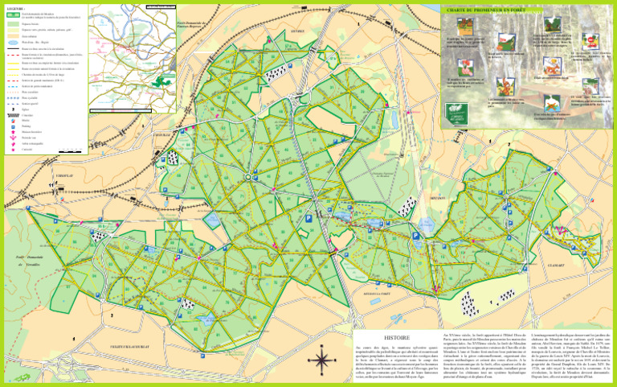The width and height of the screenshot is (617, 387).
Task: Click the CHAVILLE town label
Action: [x=161, y=134]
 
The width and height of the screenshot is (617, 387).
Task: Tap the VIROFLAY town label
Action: [x=67, y=175]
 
